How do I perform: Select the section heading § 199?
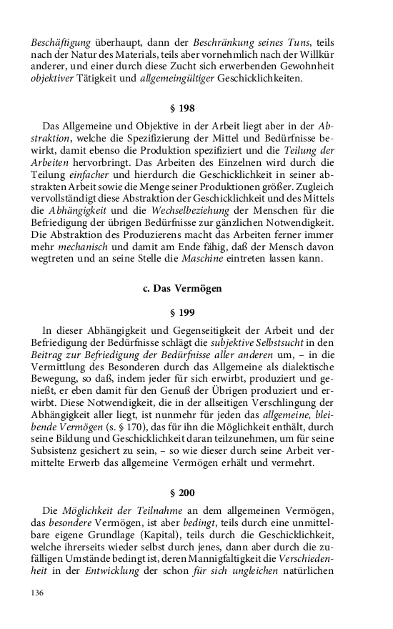coord(182,312)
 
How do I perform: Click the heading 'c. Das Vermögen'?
coord(182,289)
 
